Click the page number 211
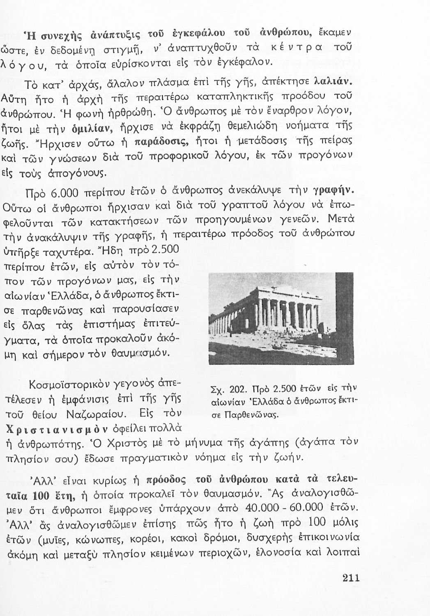(351, 578)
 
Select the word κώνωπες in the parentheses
(111, 540)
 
